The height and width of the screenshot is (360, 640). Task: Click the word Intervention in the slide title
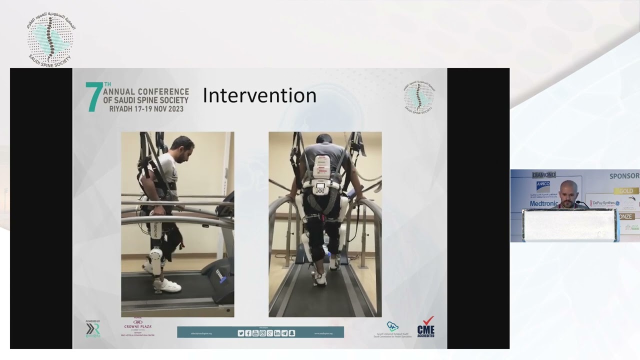tap(259, 95)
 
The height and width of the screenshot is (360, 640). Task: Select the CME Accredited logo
tap(425, 327)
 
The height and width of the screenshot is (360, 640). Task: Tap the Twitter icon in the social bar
tap(241, 333)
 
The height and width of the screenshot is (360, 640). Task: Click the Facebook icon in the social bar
tap(248, 333)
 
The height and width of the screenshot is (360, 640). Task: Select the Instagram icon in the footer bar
tap(262, 333)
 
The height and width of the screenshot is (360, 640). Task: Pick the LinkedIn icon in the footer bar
tap(277, 333)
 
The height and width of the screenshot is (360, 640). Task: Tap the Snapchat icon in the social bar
tap(292, 333)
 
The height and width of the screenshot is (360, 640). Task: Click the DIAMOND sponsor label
tap(544, 175)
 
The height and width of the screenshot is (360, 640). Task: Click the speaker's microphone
tap(581, 203)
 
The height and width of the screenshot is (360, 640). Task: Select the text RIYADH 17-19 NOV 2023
tap(146, 108)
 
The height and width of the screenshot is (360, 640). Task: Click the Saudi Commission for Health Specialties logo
tap(392, 329)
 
